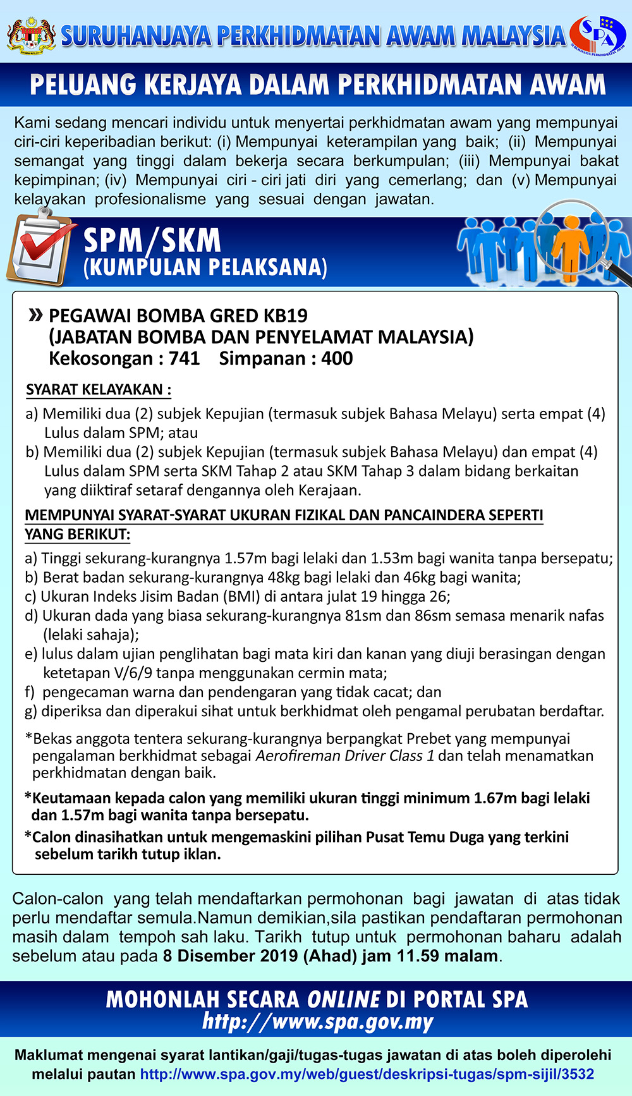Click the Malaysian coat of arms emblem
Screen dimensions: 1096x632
coord(31,35)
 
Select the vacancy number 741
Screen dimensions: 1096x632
coord(184,358)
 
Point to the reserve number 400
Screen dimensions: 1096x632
coord(337,358)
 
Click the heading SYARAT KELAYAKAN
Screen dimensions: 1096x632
coord(98,389)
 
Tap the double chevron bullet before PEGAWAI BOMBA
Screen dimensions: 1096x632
coord(35,315)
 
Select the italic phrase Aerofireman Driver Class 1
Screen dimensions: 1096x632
coord(344,756)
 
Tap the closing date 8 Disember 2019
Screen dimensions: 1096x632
coord(230,956)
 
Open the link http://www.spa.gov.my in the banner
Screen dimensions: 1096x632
coord(317,1022)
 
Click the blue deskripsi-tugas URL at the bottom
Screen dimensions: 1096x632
coord(367,1074)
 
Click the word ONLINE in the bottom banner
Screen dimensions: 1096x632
coord(344,999)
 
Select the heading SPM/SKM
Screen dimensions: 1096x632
coord(152,241)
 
